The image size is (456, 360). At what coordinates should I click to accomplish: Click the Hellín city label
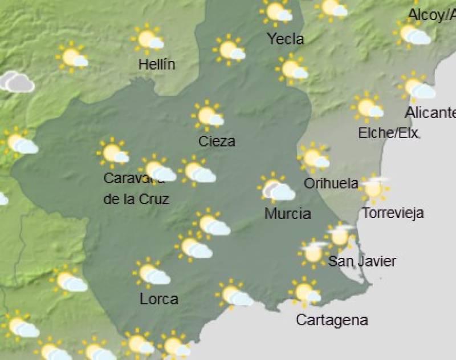coord(157,64)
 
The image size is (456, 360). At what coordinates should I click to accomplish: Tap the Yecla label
coord(286,39)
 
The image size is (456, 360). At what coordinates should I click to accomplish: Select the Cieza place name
coord(217,141)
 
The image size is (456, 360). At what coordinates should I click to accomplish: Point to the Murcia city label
coord(288,214)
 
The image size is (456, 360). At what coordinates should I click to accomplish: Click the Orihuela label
coord(331,184)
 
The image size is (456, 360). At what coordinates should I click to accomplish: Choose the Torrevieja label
coord(393,214)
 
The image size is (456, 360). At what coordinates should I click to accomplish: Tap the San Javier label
coord(362,262)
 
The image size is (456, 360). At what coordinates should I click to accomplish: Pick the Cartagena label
coord(332,321)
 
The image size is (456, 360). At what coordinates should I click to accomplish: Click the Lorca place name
coord(159,299)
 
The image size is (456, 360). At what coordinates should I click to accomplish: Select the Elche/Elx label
coord(388,134)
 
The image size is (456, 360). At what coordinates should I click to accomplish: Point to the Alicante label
coord(430,112)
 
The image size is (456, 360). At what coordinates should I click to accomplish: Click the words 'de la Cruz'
coord(136,200)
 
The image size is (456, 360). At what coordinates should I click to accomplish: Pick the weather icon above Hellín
coord(148,39)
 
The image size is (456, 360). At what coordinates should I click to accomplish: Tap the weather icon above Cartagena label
coord(305,292)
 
